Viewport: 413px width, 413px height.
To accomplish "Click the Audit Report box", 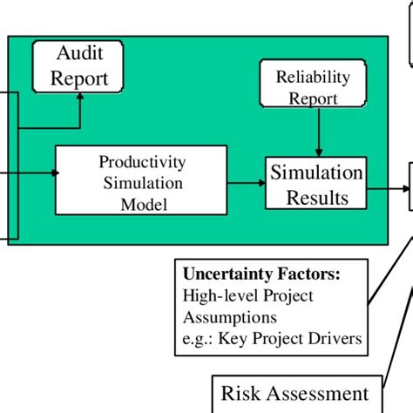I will (x=79, y=66).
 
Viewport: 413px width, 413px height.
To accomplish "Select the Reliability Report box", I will (x=313, y=86).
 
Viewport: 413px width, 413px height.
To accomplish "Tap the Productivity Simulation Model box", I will (x=141, y=183).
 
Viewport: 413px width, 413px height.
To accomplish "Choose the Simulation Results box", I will (x=315, y=184).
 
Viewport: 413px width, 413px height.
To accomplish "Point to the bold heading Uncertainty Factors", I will (x=261, y=274).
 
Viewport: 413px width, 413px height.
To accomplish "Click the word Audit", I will (x=79, y=54).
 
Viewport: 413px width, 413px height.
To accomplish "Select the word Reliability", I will (x=313, y=77).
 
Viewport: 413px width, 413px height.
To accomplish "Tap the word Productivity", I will (x=142, y=162).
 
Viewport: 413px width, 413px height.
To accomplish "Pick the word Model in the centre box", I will (x=141, y=205).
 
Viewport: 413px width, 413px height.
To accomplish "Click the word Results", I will (x=315, y=197).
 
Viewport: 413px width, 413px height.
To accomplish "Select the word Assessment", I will (x=325, y=394).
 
